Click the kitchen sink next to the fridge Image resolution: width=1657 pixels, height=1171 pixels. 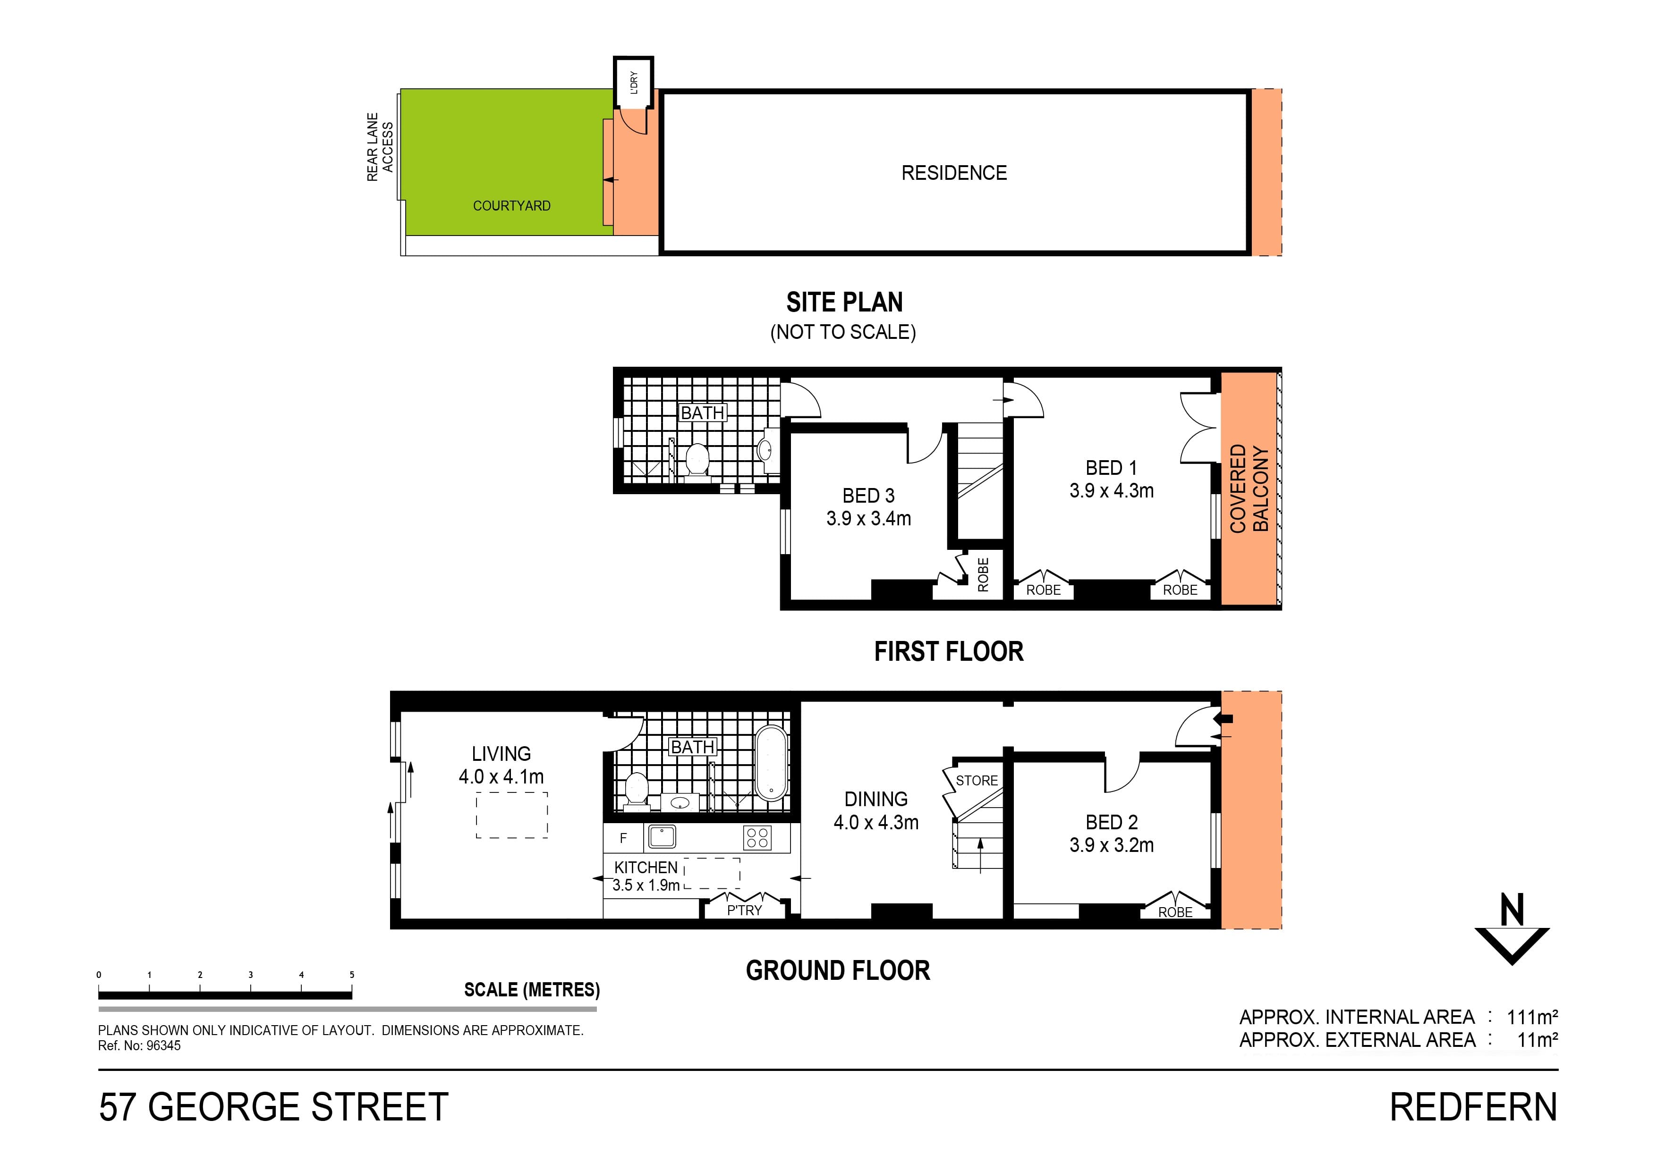click(x=662, y=836)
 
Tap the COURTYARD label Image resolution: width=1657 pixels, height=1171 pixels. click(x=512, y=206)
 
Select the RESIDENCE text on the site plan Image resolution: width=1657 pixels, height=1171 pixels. click(x=953, y=173)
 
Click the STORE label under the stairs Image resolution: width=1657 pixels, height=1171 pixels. click(x=977, y=781)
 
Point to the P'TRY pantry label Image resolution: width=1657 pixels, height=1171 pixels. click(x=744, y=910)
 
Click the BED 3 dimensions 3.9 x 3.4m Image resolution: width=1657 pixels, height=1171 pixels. click(x=868, y=519)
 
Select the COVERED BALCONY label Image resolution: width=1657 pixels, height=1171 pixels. click(x=1249, y=489)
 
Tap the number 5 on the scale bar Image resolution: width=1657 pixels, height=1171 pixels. click(x=352, y=975)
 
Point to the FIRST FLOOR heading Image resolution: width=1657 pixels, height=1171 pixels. click(x=948, y=651)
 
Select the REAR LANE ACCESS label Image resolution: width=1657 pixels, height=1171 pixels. click(x=380, y=147)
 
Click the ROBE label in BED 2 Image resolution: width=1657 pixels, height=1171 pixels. click(x=1175, y=913)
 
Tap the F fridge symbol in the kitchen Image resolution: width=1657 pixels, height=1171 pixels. click(x=623, y=838)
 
